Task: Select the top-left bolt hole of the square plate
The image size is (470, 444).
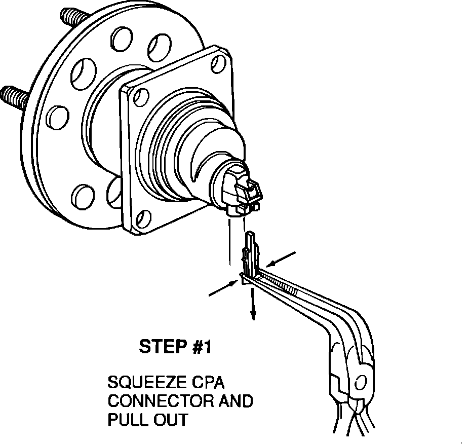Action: click(142, 95)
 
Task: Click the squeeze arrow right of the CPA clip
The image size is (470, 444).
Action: click(281, 258)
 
